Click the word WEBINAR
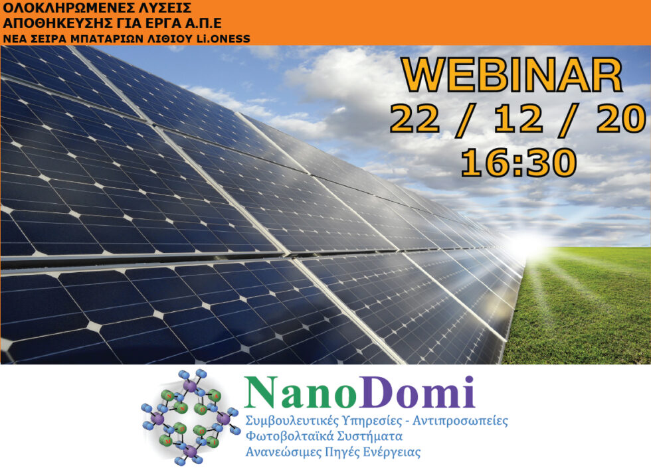point(511,76)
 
